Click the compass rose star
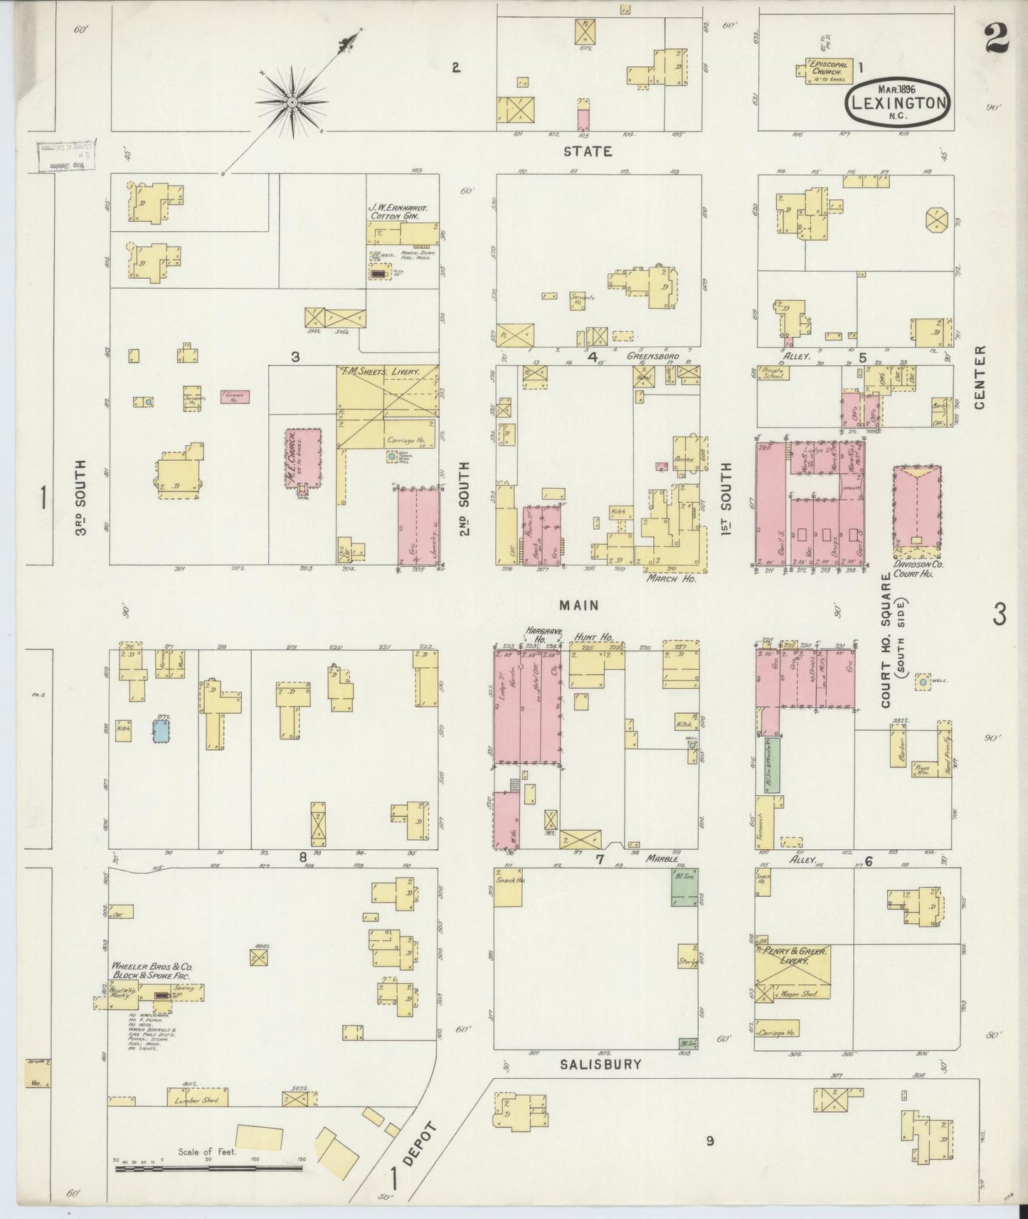(x=292, y=103)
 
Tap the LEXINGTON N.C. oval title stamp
(x=898, y=102)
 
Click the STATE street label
(x=588, y=151)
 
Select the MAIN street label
(x=578, y=605)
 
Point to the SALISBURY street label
(x=600, y=1065)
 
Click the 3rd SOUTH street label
(x=80, y=497)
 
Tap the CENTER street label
(x=980, y=377)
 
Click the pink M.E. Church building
(x=303, y=459)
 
